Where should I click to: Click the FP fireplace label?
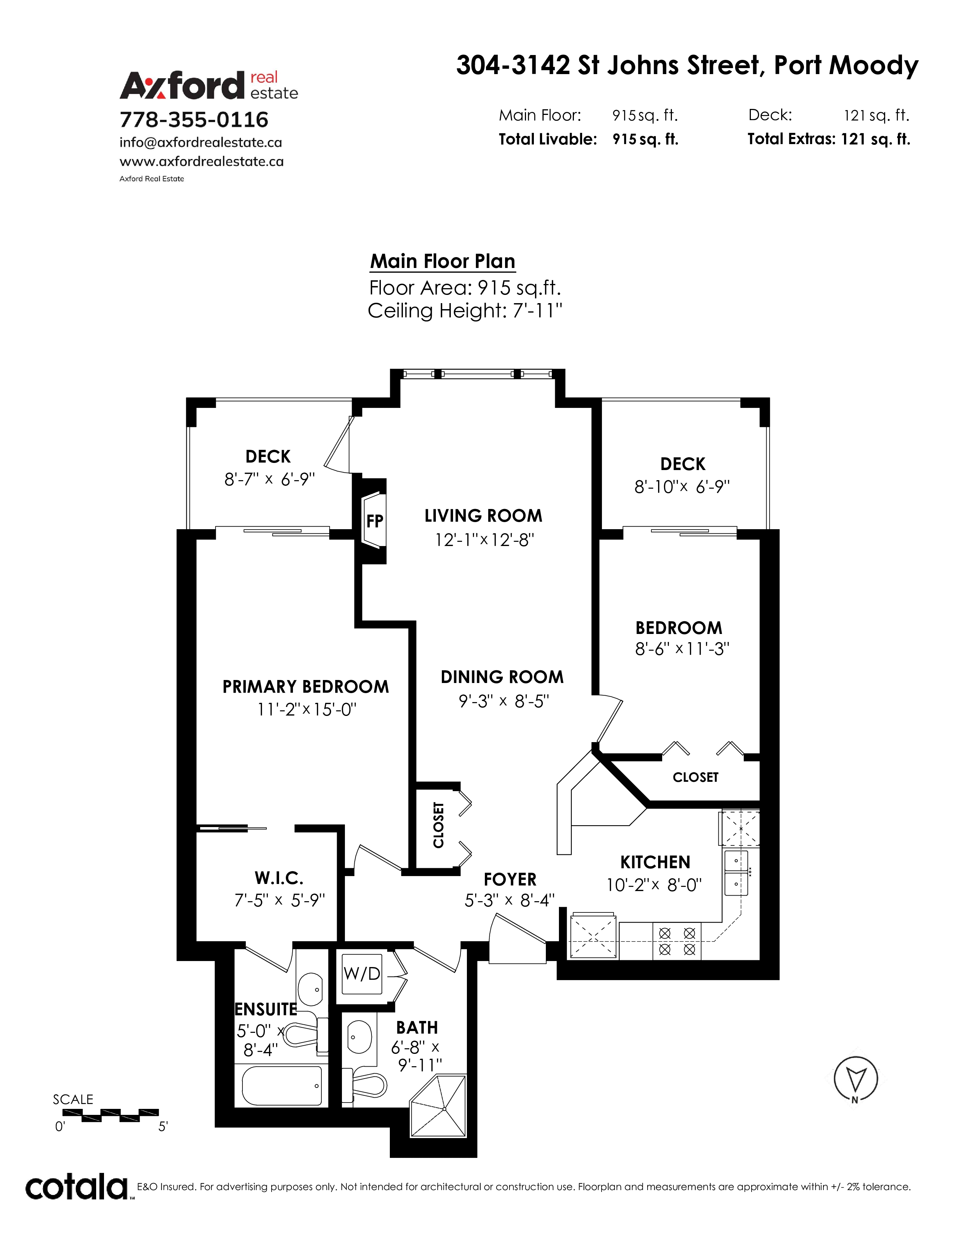pyautogui.click(x=375, y=521)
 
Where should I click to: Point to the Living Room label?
pyautogui.click(x=483, y=516)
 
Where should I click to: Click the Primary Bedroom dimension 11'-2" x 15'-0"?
pyautogui.click(x=306, y=709)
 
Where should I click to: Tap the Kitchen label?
pyautogui.click(x=655, y=862)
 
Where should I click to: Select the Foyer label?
pyautogui.click(x=510, y=879)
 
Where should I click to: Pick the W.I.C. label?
pyautogui.click(x=279, y=878)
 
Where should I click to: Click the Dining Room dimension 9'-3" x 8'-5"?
pyautogui.click(x=504, y=701)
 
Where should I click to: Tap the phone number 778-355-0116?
pyautogui.click(x=194, y=119)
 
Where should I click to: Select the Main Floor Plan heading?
pyautogui.click(x=443, y=261)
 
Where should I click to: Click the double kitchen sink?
pyautogui.click(x=736, y=873)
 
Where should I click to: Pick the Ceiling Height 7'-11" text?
pyautogui.click(x=465, y=311)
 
